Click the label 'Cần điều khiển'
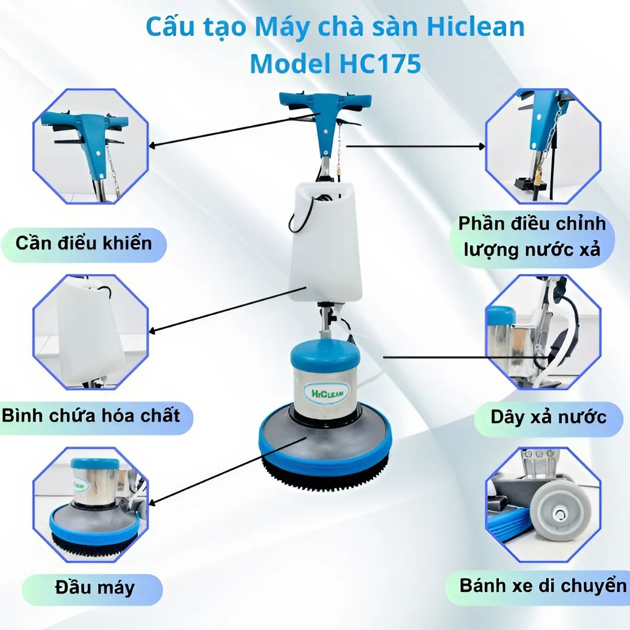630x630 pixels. (x=83, y=244)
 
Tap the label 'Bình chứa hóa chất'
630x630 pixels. (x=91, y=416)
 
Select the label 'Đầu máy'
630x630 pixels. (x=94, y=587)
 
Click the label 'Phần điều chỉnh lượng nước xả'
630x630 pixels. (x=531, y=237)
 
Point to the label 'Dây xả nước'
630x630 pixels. (x=548, y=417)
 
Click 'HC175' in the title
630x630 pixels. (x=380, y=64)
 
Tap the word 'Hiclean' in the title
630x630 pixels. (x=475, y=27)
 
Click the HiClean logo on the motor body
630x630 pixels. (x=326, y=393)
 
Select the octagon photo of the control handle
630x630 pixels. (x=91, y=146)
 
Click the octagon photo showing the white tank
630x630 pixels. (x=91, y=332)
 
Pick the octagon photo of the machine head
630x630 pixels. (x=91, y=505)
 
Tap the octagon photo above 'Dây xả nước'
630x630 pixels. (x=543, y=332)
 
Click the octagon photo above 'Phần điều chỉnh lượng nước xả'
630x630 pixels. (x=543, y=146)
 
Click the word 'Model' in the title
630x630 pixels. (x=290, y=64)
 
